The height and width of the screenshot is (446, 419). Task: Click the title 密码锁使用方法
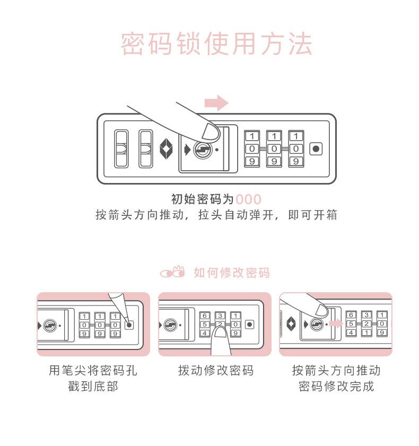coord(216,45)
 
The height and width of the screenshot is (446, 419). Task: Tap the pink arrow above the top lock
coord(216,102)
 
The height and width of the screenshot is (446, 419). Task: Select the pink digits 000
coord(249,200)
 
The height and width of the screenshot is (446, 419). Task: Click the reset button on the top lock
coord(316,149)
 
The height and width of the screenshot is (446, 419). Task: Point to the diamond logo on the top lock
coord(167,149)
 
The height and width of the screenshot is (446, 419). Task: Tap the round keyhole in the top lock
coord(202,150)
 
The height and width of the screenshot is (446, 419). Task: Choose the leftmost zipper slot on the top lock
coord(121,149)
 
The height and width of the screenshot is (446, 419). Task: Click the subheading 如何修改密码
coord(232,273)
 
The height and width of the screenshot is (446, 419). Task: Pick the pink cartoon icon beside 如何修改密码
coord(173,273)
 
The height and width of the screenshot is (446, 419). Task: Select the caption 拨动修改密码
coord(216,371)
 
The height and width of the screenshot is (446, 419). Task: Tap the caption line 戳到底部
coord(93,386)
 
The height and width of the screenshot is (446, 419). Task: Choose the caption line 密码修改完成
coord(336,386)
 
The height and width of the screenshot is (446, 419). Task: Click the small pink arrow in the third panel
coord(334,323)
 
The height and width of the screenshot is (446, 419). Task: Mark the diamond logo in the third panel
coord(291,323)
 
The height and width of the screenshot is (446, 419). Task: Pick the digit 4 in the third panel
coord(351,333)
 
